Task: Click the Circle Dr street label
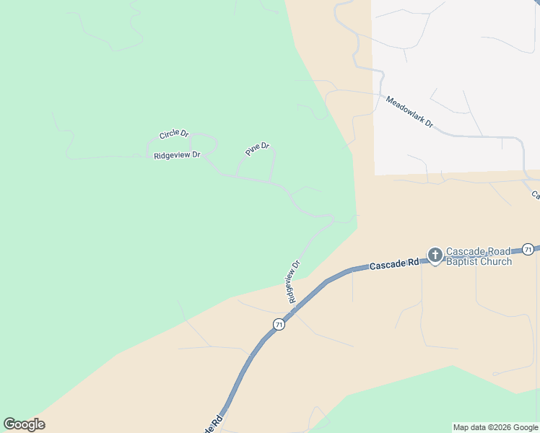[174, 134]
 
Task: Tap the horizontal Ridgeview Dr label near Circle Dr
[177, 155]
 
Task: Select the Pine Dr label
[257, 149]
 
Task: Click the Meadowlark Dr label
[409, 112]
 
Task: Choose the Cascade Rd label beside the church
[394, 265]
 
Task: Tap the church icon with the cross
[435, 255]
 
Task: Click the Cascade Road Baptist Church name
[479, 256]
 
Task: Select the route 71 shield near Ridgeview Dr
[279, 325]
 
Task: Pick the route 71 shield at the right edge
[528, 249]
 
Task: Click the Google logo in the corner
[25, 424]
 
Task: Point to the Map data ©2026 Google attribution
[495, 427]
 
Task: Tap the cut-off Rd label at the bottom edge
[214, 424]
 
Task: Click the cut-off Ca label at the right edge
[536, 195]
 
